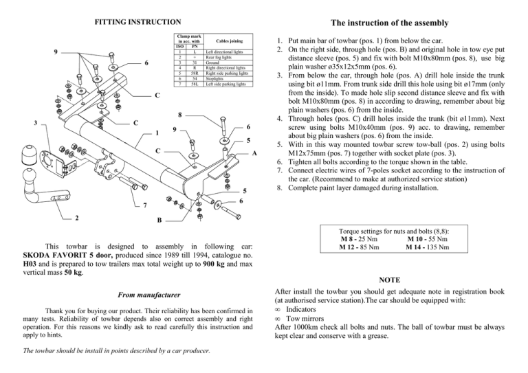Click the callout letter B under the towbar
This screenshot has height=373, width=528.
159,221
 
